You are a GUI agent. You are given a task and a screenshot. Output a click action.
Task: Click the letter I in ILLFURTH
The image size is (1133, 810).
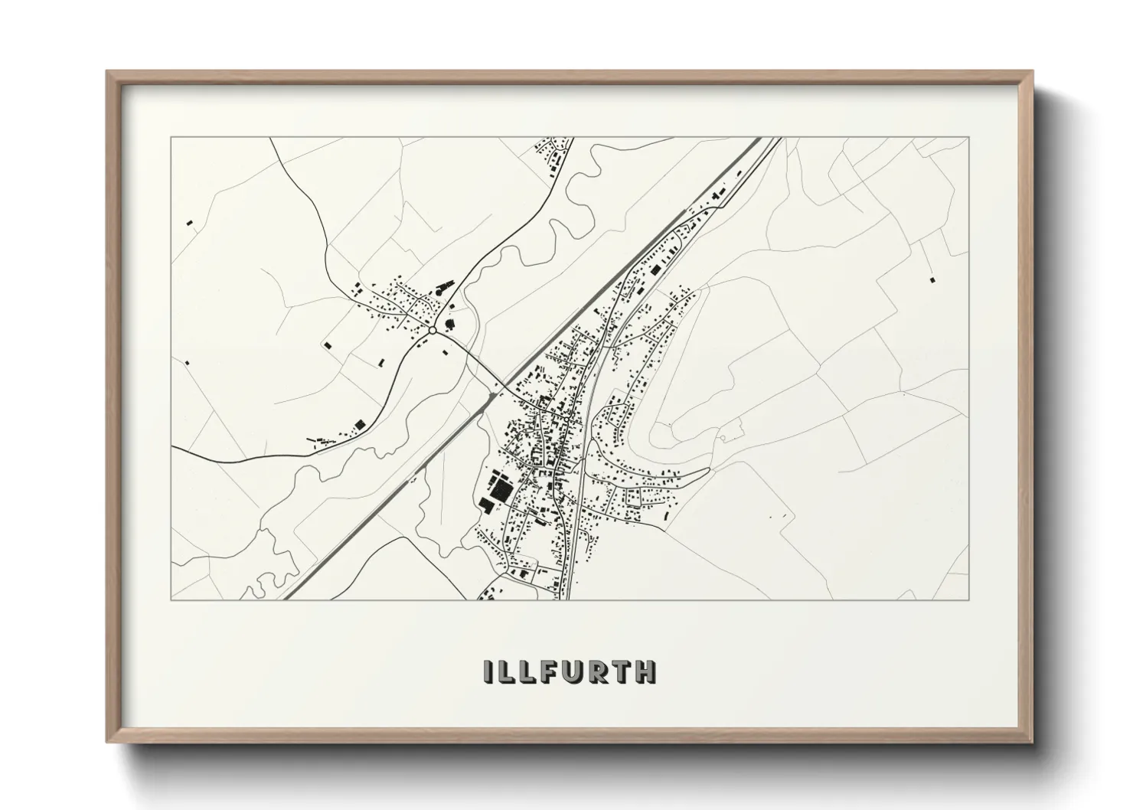click(488, 671)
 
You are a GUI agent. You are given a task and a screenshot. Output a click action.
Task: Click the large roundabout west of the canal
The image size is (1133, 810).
click(433, 330)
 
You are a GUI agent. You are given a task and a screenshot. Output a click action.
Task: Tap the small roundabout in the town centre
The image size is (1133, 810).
click(564, 420)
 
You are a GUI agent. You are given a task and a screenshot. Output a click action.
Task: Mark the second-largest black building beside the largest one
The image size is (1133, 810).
click(486, 504)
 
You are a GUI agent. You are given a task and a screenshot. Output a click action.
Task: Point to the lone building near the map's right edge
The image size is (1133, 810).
click(932, 280)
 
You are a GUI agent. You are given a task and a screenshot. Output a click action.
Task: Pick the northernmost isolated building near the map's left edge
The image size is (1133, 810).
click(189, 223)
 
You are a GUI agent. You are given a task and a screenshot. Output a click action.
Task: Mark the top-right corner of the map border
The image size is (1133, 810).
click(968, 138)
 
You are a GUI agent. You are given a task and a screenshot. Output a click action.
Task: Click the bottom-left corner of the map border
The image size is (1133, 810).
click(171, 599)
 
